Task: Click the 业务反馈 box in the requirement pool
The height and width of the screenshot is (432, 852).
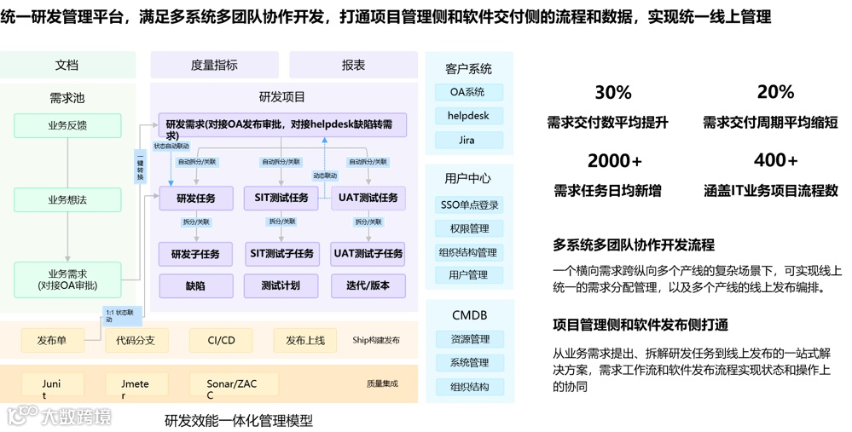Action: point(67,125)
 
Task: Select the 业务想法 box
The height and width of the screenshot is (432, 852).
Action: point(67,199)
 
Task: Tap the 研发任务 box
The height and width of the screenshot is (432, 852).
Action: point(195,199)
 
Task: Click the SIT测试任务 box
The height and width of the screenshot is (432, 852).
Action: point(281,199)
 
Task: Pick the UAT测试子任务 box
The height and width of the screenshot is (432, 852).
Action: point(368,254)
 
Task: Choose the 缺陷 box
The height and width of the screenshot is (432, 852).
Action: point(195,286)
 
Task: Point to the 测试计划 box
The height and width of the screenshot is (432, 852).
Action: point(281,286)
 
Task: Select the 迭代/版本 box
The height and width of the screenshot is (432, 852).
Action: point(368,286)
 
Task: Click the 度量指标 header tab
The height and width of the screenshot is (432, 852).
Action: point(214,65)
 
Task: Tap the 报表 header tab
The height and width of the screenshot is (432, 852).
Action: point(353,65)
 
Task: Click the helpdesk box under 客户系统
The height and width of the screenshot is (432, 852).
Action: point(468,116)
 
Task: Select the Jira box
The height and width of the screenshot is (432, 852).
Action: point(468,140)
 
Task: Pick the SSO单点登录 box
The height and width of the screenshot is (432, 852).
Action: point(469,205)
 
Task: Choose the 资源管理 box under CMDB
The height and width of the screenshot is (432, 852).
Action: point(469,339)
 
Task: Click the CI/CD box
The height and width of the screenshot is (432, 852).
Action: point(221,341)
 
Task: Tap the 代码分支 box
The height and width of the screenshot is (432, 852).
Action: point(136,341)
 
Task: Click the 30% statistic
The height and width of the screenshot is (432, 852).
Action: point(612,92)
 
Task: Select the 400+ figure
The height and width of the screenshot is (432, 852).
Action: point(775,160)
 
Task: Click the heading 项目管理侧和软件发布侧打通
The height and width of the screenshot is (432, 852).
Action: point(640,325)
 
